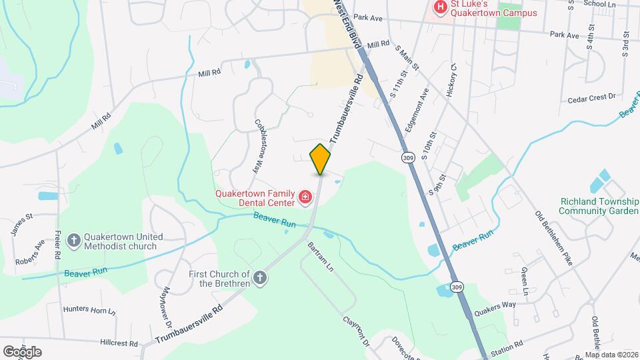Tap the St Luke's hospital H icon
[440, 7]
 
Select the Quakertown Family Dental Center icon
[305, 197]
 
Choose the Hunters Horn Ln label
[89, 310]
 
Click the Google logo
[22, 351]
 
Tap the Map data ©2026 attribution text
[611, 355]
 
